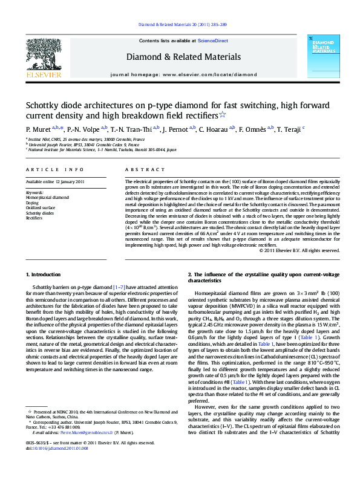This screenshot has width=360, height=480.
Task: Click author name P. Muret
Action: [x=38, y=129]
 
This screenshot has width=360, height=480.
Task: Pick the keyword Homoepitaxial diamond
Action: [x=47, y=197]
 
